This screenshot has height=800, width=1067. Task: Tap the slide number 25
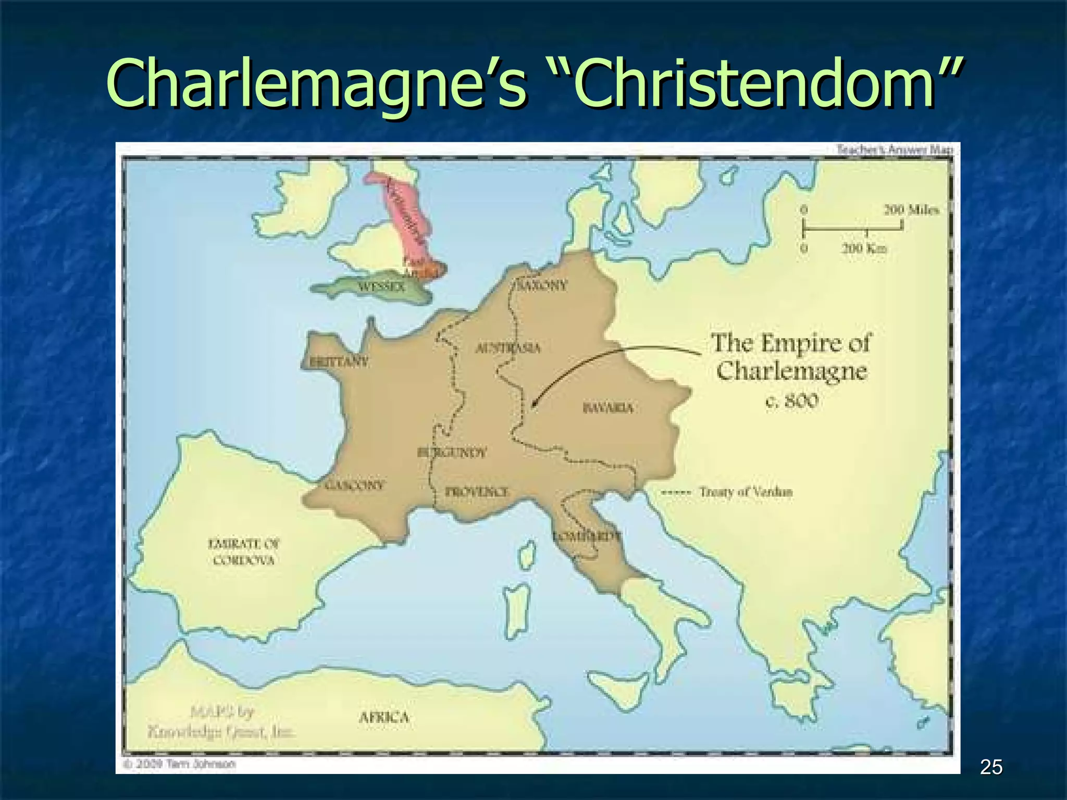[991, 767]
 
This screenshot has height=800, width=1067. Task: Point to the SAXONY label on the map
[543, 285]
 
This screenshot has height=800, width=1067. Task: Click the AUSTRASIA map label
[508, 348]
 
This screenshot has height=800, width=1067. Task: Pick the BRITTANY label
[339, 361]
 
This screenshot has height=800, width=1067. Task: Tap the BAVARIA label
[608, 408]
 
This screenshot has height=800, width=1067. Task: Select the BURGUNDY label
[452, 452]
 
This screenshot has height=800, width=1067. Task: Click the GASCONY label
[354, 485]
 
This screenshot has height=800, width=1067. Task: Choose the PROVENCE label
[477, 492]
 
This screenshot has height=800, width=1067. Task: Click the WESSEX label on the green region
[381, 286]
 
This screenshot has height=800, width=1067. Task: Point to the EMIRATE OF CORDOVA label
[244, 552]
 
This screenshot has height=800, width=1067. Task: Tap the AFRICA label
[384, 718]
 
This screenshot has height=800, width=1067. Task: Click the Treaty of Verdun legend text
[745, 492]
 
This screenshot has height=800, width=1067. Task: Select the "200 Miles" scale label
[911, 210]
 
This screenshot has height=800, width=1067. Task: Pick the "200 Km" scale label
[865, 248]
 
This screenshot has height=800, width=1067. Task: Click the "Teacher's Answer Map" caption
[895, 150]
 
